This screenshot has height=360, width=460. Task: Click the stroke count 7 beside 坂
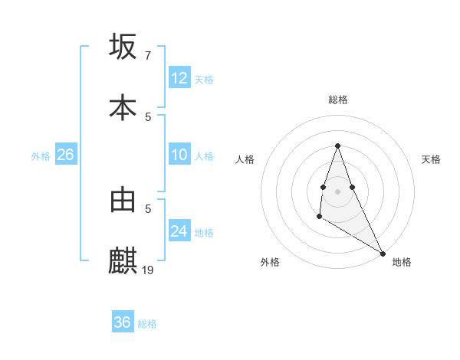coord(147,56)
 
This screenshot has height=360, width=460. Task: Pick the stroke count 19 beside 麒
coord(149,270)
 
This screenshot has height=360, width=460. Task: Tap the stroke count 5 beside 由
coord(148,208)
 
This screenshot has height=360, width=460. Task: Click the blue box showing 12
coord(179,78)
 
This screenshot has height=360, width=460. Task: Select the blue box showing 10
coord(179,155)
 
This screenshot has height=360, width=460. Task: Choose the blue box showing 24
coord(179,231)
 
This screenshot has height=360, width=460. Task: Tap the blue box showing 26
coord(65,155)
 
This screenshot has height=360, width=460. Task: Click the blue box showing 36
coord(123,322)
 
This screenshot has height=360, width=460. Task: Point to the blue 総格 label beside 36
coord(147,324)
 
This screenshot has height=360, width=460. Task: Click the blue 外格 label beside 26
coord(41,156)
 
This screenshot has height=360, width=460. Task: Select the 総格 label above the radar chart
coord(337,100)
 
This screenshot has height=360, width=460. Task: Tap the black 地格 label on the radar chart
coord(402,262)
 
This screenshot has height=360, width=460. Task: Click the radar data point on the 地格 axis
coord(383,254)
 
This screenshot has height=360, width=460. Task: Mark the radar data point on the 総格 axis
coord(337,146)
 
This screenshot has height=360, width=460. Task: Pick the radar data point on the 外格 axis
coord(319,217)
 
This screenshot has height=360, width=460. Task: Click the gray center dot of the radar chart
coord(337,191)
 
